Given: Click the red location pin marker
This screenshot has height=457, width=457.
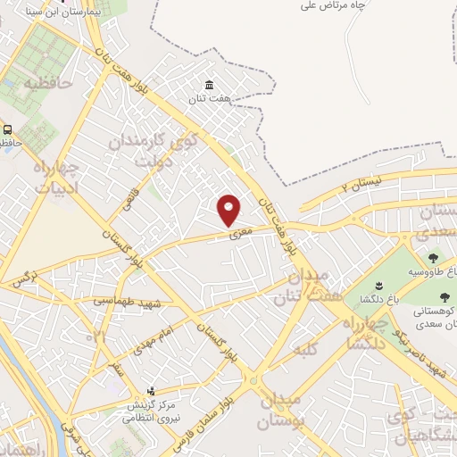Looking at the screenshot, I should coord(229,210).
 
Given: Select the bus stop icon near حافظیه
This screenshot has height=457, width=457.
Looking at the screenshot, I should coord(6,129).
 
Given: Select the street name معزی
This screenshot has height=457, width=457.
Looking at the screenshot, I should coord(244,230).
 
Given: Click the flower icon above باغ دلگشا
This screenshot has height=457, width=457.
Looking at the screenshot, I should coord(378,285).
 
